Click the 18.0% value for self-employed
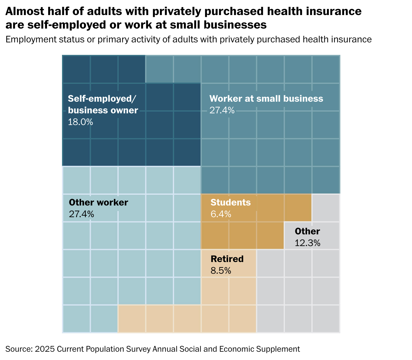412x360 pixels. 80,122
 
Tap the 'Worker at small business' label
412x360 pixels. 266,99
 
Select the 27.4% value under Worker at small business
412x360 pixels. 222,110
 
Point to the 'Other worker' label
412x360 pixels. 98,202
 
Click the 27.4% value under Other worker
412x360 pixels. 81,214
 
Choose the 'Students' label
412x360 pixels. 231,202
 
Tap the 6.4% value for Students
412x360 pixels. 221,214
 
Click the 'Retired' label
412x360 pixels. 227,259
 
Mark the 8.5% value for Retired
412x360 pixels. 221,271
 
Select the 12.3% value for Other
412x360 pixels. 307,243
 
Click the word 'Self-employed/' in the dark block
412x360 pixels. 102,99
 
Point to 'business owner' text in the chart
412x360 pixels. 103,110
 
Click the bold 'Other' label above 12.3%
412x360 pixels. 307,231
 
